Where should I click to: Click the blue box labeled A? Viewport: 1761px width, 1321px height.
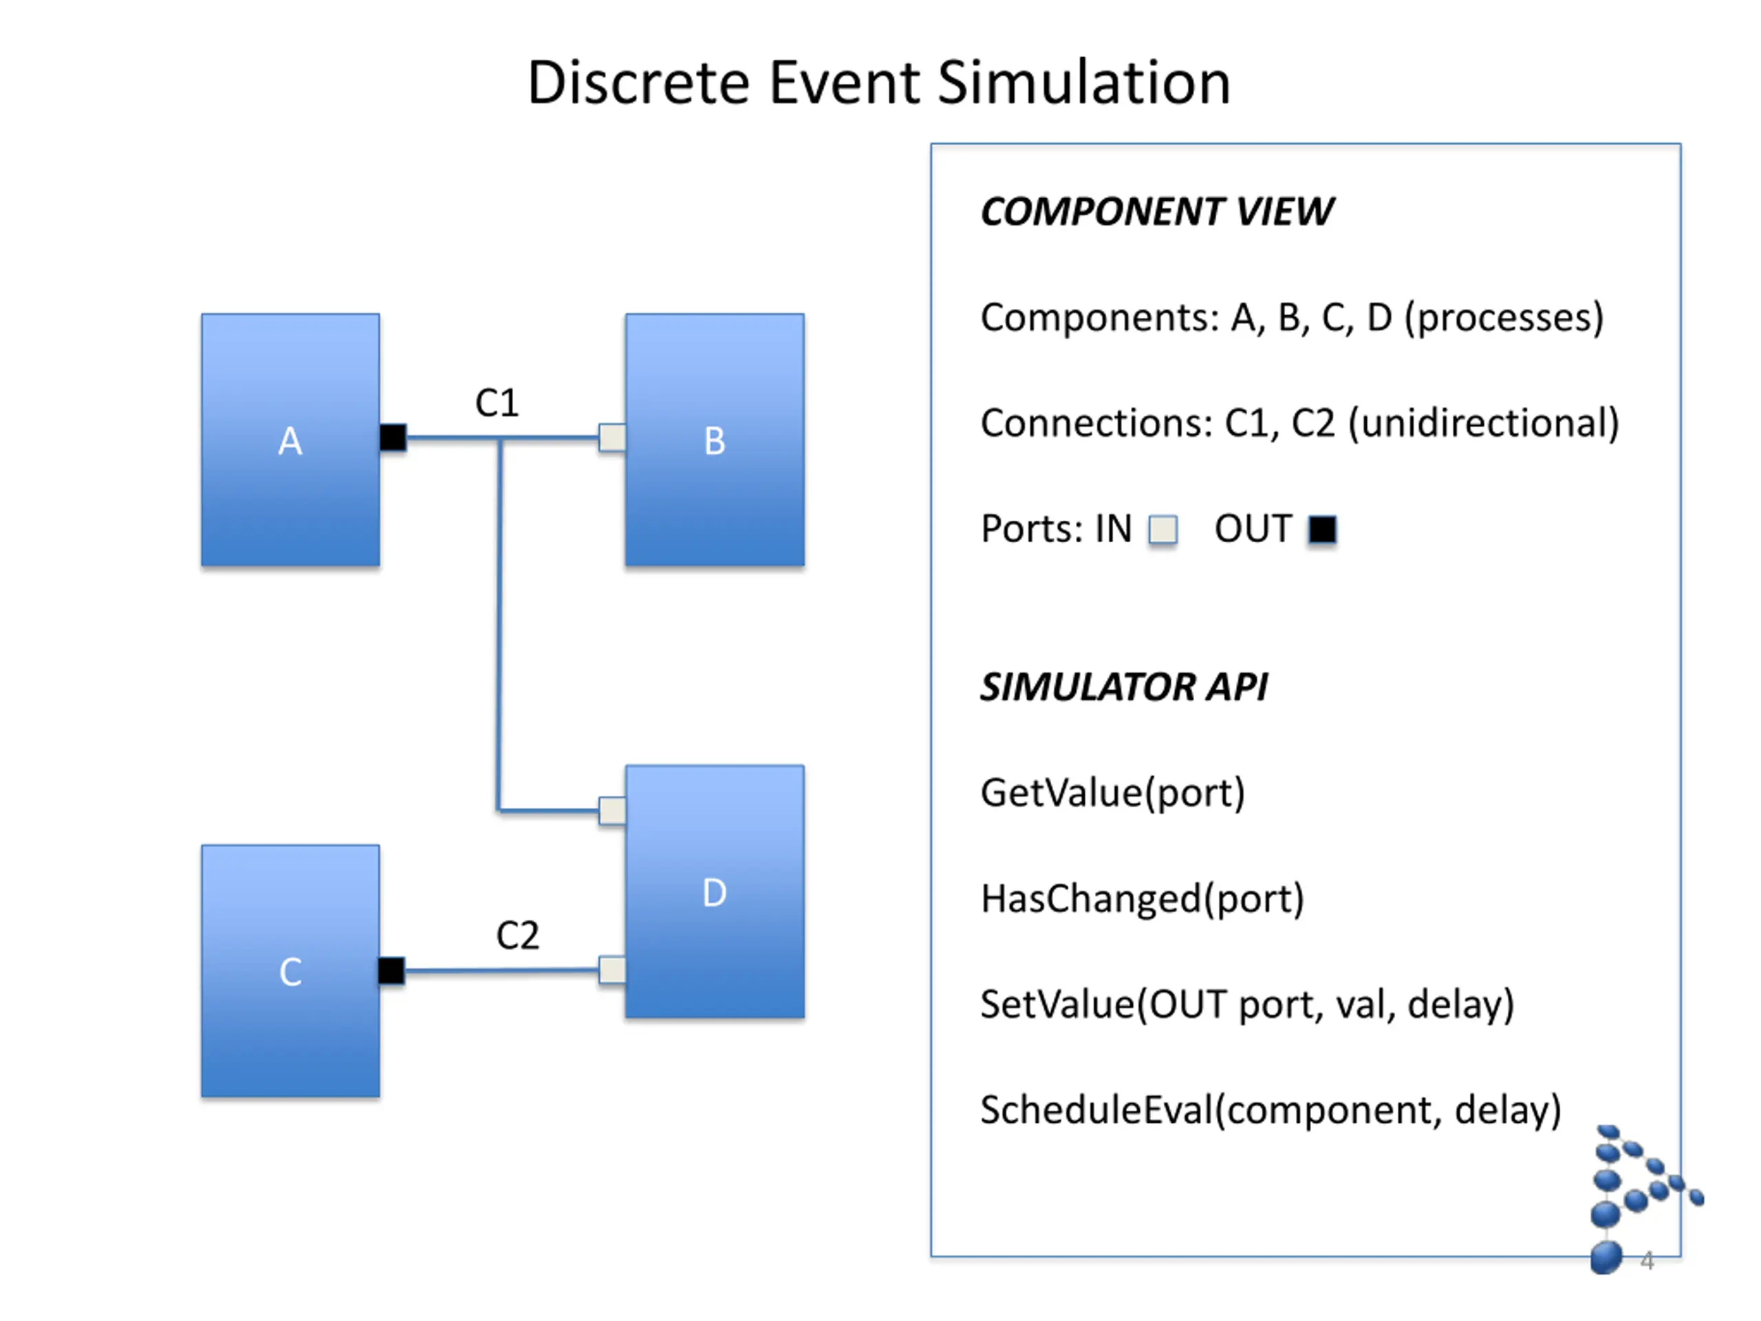290,440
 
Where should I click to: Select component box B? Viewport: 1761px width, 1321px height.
715,440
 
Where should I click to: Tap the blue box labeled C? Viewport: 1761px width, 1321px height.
290,971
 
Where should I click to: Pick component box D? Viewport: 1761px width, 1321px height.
715,891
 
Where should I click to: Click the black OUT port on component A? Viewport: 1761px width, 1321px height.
393,437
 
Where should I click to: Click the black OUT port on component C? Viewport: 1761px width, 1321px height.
391,970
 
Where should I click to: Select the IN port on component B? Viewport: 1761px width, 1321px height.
612,437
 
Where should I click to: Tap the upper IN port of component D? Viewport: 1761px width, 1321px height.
612,810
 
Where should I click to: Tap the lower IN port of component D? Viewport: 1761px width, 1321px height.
612,970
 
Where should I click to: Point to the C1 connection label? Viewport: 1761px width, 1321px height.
497,403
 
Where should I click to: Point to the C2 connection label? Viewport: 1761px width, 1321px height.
517,935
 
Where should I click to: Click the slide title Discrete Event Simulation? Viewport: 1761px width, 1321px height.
879,82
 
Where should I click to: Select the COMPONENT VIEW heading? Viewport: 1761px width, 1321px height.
1157,212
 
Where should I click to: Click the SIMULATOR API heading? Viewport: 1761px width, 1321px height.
1124,687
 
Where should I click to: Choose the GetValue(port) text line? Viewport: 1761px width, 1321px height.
1113,793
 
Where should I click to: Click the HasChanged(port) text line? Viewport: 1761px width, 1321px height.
1143,899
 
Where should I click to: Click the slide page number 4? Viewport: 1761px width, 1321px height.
1647,1260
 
